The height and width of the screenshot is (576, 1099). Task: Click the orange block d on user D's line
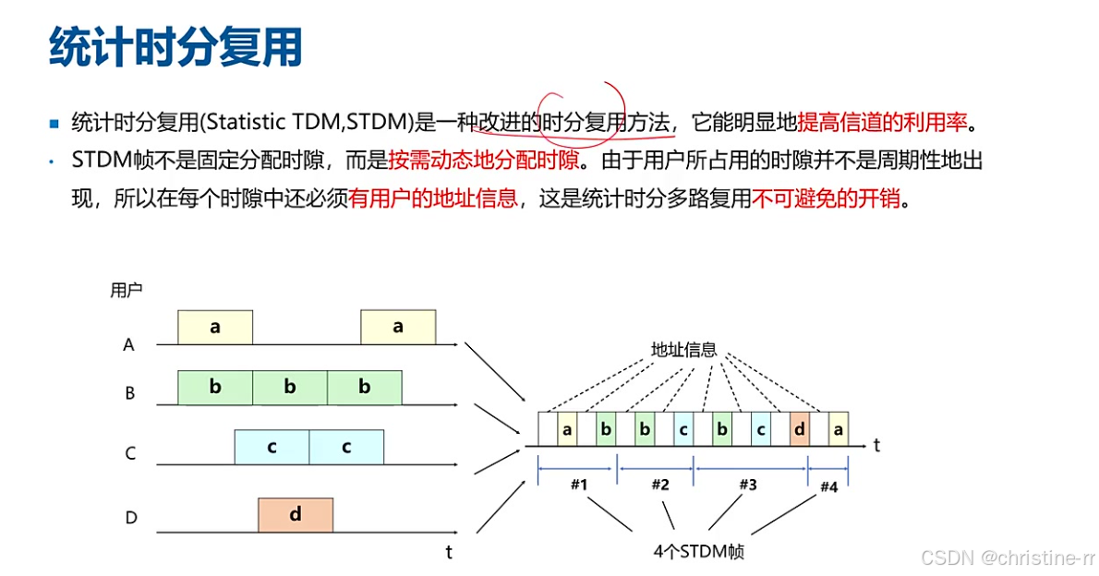coord(296,515)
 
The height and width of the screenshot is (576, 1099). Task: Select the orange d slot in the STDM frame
coord(800,429)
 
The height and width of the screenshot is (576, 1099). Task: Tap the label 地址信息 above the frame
coord(683,350)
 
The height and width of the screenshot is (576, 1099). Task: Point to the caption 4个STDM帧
coord(698,552)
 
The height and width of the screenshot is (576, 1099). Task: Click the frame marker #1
coord(578,485)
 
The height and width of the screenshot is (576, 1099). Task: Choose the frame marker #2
coord(659,485)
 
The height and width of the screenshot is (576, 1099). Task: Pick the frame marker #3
coord(748,485)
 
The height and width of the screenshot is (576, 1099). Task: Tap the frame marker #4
coord(827,487)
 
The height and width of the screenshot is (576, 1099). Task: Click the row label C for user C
coord(130,453)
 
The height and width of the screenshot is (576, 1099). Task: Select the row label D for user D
coord(130,518)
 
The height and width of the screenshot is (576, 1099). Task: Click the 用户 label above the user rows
coord(126,291)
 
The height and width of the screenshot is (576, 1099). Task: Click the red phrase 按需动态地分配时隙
coord(484,161)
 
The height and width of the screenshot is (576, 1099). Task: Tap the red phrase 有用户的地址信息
coord(433,198)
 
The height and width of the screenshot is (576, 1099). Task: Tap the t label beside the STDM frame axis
coord(876,445)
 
